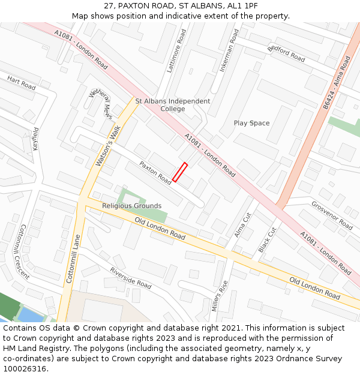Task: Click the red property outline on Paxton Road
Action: pos(180,172)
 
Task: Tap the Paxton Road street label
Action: pos(155,173)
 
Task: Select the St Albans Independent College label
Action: pos(173,105)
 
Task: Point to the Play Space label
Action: pos(251,123)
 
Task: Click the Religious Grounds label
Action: pos(131,206)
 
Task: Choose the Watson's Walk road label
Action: pos(109,145)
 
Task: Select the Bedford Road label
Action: pos(286,53)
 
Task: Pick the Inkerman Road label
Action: pos(229,50)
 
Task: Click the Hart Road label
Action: pos(22,83)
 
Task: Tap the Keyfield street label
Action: pos(35,139)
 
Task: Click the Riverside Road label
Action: pos(130,278)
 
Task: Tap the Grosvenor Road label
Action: pos(332,215)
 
